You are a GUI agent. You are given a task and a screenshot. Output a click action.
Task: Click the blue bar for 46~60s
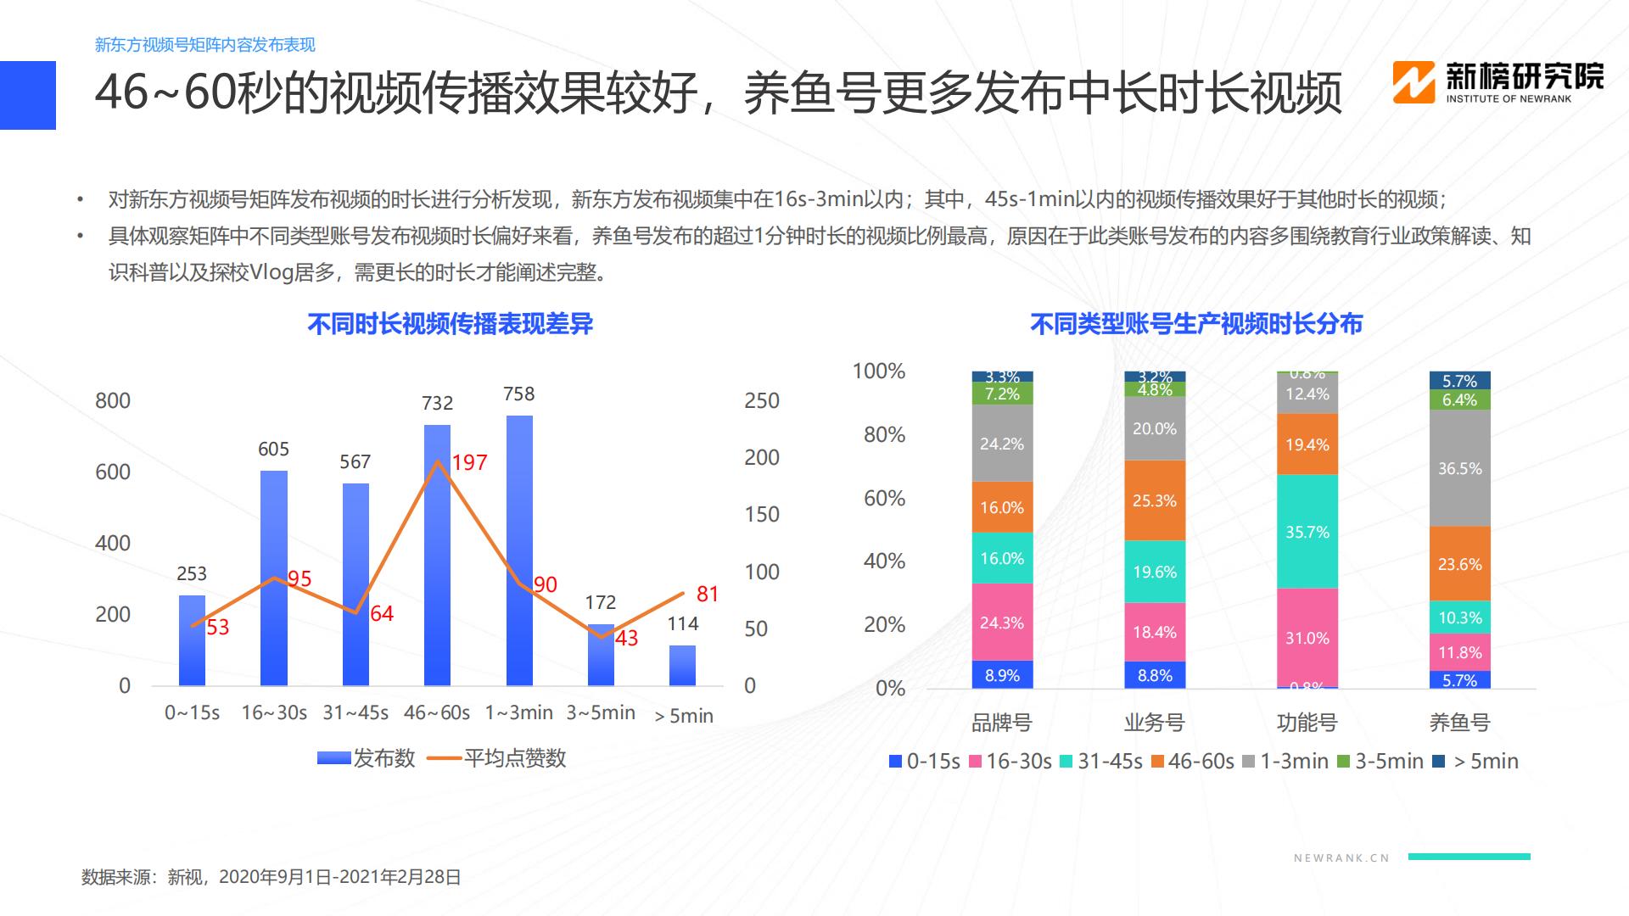pos(437,560)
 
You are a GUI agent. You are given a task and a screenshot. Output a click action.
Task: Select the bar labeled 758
pos(519,551)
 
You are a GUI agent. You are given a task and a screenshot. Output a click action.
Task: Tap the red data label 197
pos(469,463)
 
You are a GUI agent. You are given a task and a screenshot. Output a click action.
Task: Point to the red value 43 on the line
pos(626,639)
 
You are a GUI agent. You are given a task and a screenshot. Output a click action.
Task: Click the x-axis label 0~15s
pos(192,713)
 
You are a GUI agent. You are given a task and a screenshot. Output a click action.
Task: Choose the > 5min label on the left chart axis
pos(684,717)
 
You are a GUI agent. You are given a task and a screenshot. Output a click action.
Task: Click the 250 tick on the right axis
pos(761,401)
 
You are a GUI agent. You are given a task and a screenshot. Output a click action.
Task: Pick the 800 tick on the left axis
pos(113,401)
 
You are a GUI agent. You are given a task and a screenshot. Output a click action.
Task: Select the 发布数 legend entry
pos(367,758)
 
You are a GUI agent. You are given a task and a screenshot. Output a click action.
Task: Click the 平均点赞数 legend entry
pos(498,758)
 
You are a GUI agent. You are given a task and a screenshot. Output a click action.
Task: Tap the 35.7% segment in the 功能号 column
pos(1307,532)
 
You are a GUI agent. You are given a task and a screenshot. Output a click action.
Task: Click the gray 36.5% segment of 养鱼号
pos(1459,468)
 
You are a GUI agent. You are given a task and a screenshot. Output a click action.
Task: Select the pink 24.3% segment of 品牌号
pos(1002,623)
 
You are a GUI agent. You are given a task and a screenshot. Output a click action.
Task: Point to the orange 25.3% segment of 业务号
pos(1155,500)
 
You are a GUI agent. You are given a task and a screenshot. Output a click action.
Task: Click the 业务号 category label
pos(1154,723)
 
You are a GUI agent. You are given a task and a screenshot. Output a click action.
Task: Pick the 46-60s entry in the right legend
pos(1192,762)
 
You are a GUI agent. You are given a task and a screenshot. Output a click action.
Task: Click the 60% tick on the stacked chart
pos(884,499)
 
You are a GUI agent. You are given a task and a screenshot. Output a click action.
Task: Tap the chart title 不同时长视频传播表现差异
pos(450,324)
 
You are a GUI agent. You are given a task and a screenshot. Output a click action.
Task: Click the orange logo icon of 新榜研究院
pos(1413,83)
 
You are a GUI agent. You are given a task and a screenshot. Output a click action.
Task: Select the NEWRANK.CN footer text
pos(1341,858)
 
